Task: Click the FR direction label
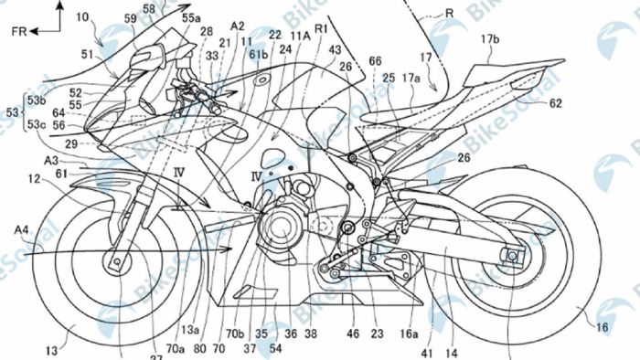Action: pyautogui.click(x=24, y=30)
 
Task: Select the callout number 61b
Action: pyautogui.click(x=256, y=56)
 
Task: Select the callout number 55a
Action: pyautogui.click(x=192, y=18)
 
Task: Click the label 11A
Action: pyautogui.click(x=299, y=36)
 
